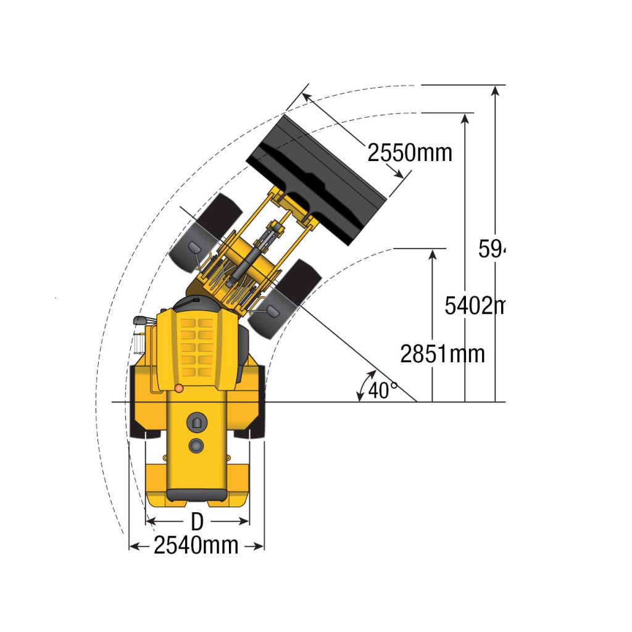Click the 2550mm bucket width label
[410, 152]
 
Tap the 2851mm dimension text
[442, 354]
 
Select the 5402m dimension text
[474, 305]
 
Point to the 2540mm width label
[196, 546]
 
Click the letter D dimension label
[196, 522]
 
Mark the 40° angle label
[383, 391]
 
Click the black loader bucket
[315, 178]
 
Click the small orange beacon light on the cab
[178, 388]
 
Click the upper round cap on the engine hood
[197, 422]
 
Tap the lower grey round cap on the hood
[197, 444]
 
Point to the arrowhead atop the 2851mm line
[433, 254]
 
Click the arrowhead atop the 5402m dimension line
[464, 118]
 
